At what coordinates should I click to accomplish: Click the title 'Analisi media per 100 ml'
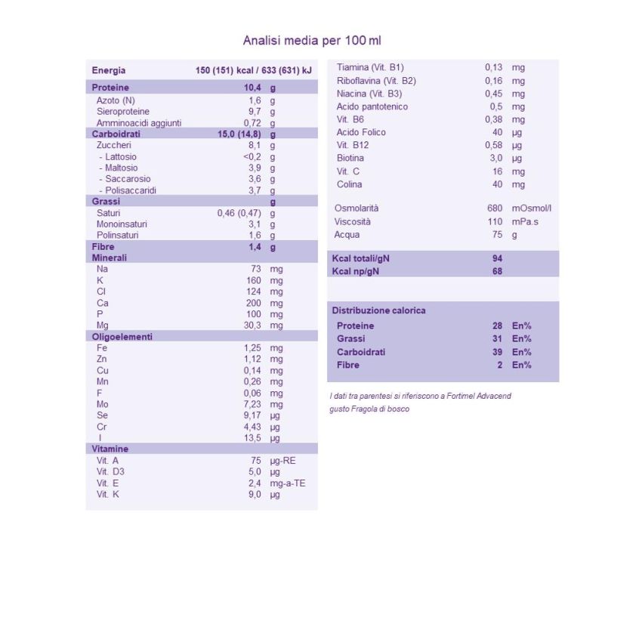pyautogui.click(x=317, y=40)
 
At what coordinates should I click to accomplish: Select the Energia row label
pyautogui.click(x=109, y=70)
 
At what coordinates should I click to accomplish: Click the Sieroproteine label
pyautogui.click(x=123, y=111)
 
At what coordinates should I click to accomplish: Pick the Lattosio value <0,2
pyautogui.click(x=252, y=156)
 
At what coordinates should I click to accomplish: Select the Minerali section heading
pyautogui.click(x=110, y=258)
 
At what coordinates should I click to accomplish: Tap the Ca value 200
pyautogui.click(x=253, y=303)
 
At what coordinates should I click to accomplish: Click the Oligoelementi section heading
pyautogui.click(x=122, y=337)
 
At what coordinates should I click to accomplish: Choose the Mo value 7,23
pyautogui.click(x=252, y=404)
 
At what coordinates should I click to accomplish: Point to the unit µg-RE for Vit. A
pyautogui.click(x=283, y=460)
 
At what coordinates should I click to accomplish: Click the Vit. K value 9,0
pyautogui.click(x=254, y=494)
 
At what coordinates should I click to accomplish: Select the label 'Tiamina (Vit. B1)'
pyautogui.click(x=370, y=67)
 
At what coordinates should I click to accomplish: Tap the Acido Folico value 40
pyautogui.click(x=497, y=132)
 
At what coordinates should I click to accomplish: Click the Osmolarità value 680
pyautogui.click(x=495, y=208)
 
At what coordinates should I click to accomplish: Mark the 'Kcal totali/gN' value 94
pyautogui.click(x=497, y=258)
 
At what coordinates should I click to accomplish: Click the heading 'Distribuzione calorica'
pyautogui.click(x=378, y=310)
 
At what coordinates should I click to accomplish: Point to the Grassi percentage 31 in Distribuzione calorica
pyautogui.click(x=497, y=338)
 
